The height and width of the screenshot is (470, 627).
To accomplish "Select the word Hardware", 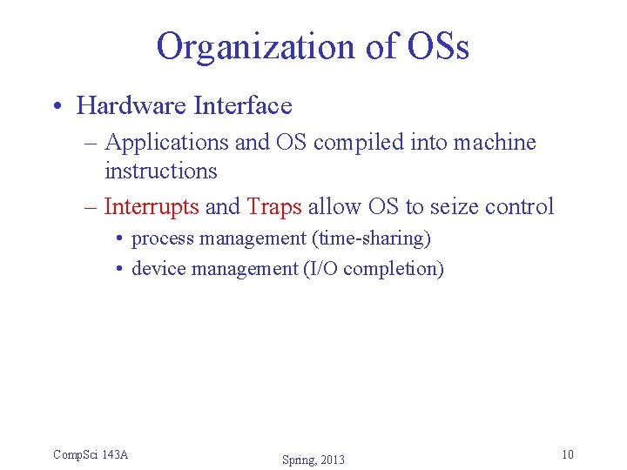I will point(132,106).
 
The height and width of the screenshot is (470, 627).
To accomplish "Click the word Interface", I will point(243,106).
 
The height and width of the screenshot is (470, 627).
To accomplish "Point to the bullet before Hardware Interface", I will point(57,107).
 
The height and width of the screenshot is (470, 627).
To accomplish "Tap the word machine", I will point(494,143).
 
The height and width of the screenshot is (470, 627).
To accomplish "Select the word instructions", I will point(160,171).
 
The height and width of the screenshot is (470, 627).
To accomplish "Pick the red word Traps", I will point(274,207).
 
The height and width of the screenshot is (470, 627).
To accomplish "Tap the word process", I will point(159,238).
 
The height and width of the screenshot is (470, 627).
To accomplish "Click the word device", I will point(158,269).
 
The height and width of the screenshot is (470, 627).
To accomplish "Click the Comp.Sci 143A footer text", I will point(91,454).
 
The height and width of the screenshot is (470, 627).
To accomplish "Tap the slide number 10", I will point(567,454).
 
